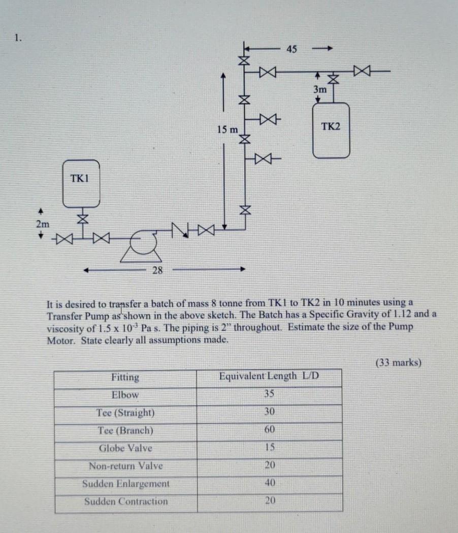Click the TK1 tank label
79,179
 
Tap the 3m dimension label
320,89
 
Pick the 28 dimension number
157,270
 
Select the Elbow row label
125,395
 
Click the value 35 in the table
269,394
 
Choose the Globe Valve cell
125,448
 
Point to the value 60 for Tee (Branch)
269,430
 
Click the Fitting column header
125,377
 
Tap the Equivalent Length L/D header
269,377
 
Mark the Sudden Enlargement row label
125,484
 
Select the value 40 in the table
270,483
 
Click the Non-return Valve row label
125,466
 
